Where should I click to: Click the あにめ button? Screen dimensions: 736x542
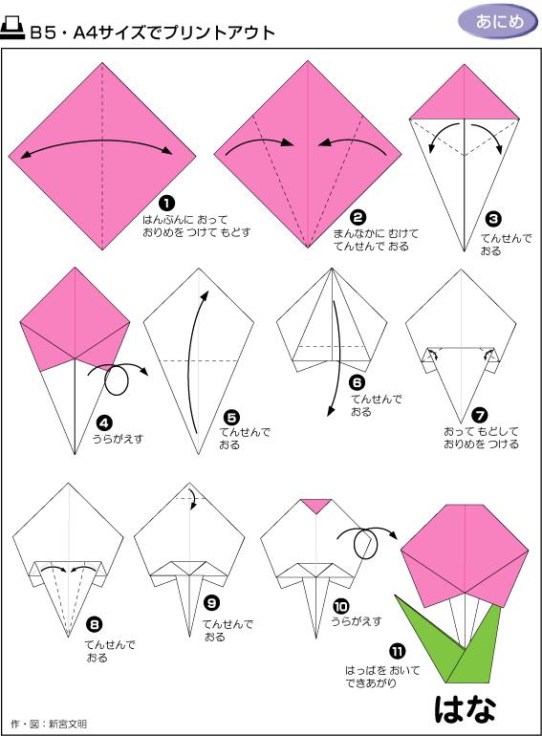(x=497, y=21)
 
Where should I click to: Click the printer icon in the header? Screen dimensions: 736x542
(x=13, y=31)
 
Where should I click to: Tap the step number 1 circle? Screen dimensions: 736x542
(x=166, y=203)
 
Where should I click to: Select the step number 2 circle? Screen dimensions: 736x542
(x=358, y=217)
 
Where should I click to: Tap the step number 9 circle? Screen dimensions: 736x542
(x=212, y=603)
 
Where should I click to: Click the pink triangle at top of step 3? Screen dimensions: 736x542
(x=465, y=98)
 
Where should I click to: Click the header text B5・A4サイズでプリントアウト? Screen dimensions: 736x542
(x=152, y=33)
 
